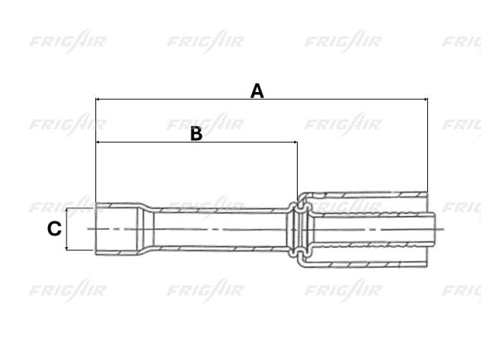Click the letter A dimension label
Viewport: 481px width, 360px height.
coord(257,90)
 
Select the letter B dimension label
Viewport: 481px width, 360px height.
coord(197,134)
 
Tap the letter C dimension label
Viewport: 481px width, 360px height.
coord(54,228)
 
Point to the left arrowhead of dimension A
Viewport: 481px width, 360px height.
coord(100,100)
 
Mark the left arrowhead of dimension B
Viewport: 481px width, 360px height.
coord(100,143)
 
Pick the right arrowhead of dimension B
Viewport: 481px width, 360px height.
coord(294,143)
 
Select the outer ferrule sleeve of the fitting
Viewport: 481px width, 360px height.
coord(365,197)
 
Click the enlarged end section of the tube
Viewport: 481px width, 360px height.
coord(116,228)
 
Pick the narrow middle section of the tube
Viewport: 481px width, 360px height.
coord(216,228)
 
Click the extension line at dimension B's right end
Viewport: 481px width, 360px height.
coord(297,170)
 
